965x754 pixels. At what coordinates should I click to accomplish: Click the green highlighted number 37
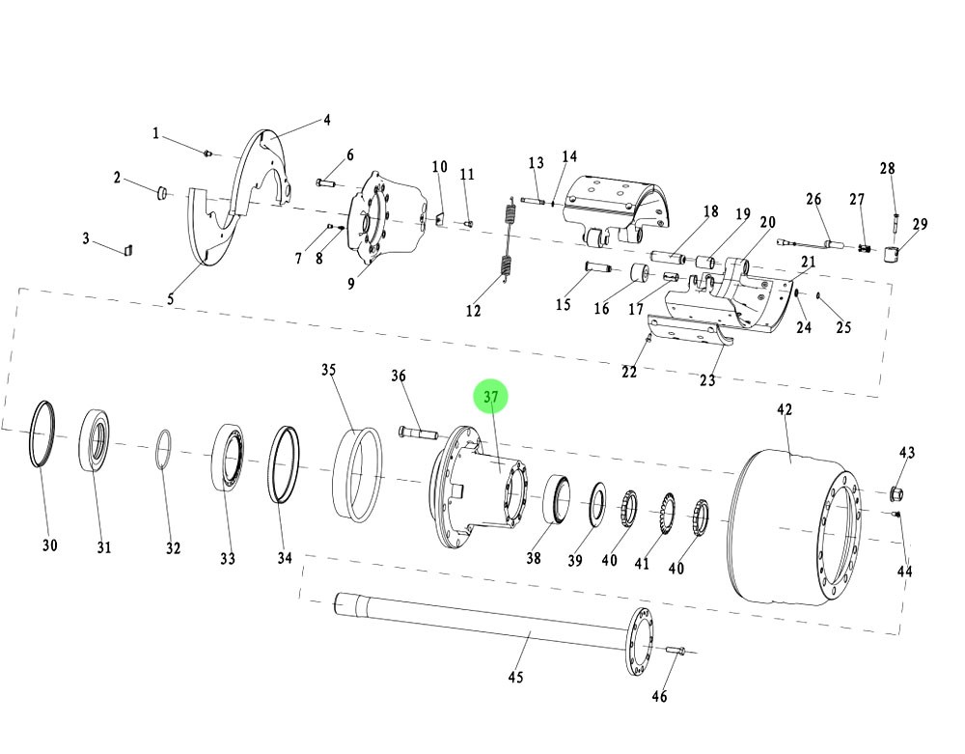pyautogui.click(x=490, y=398)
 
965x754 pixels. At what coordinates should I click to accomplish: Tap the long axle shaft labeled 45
pyautogui.click(x=482, y=622)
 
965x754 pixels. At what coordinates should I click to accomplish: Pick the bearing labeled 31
pyautogui.click(x=95, y=440)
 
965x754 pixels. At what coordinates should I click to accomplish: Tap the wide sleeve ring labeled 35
pyautogui.click(x=357, y=473)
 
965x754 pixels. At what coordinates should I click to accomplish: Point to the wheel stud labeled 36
pyautogui.click(x=416, y=431)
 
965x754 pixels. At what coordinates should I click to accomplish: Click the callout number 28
pyautogui.click(x=888, y=169)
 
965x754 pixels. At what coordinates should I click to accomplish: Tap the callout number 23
pyautogui.click(x=707, y=379)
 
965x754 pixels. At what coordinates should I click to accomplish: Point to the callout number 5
pyautogui.click(x=171, y=298)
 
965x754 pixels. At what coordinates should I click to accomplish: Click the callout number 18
pyautogui.click(x=711, y=211)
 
